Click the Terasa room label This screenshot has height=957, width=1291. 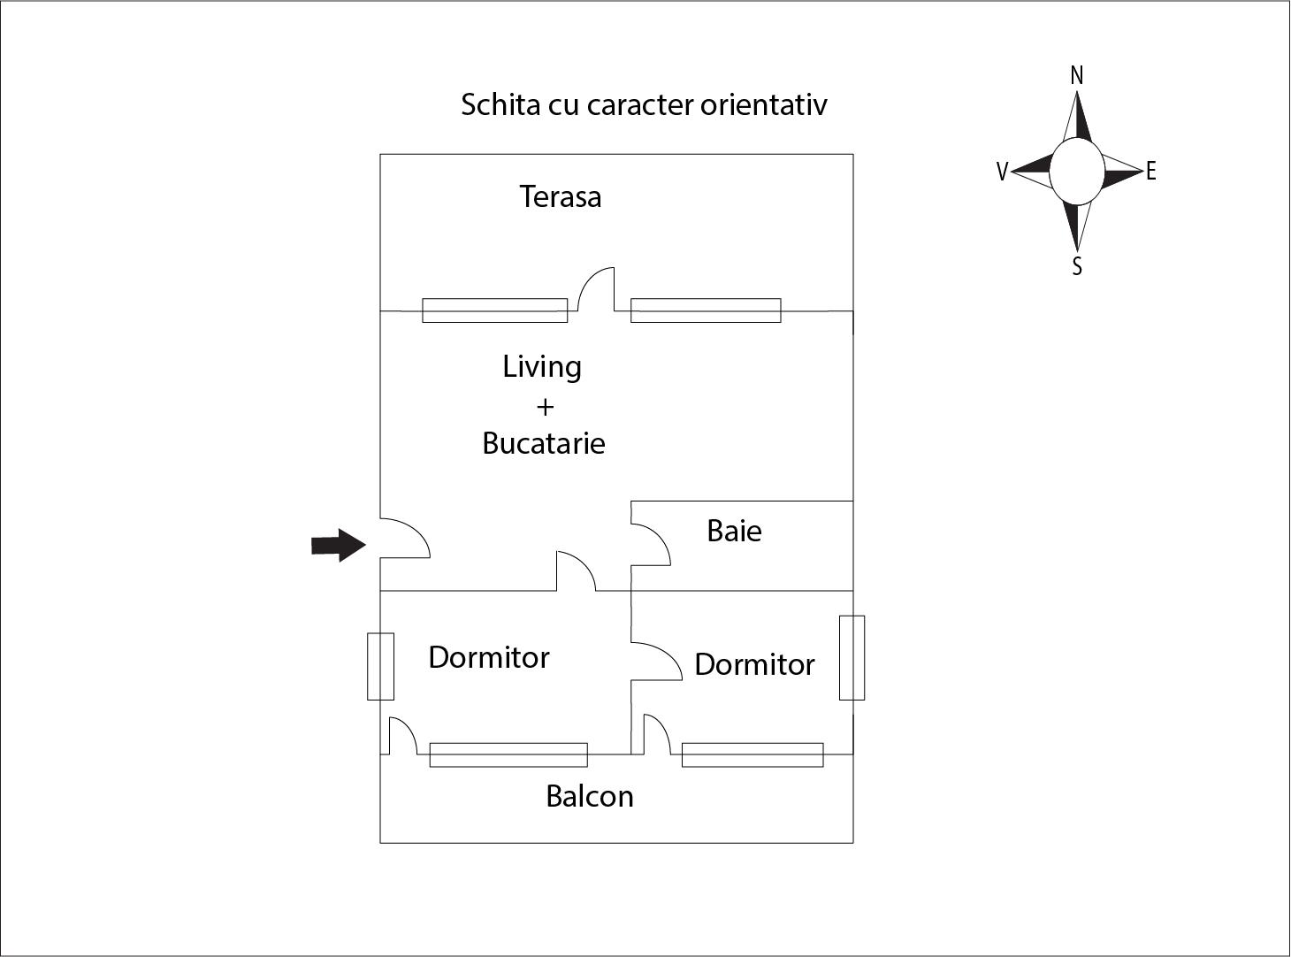point(560,196)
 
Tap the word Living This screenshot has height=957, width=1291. point(542,366)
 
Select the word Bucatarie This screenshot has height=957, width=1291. point(543,442)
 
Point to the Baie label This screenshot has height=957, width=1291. point(734,531)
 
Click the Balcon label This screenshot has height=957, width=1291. point(589,796)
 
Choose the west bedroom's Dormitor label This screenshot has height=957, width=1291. point(488,657)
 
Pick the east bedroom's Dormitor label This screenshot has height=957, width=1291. point(754,664)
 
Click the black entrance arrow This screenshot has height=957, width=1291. point(338,545)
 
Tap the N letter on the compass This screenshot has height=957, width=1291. point(1076,76)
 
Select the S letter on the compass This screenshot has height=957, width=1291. point(1076,266)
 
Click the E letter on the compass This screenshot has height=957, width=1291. point(1150,172)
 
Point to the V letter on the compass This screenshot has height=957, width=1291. point(1002,172)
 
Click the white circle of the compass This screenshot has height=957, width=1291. point(1076,171)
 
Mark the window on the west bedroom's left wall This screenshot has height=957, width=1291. point(380,666)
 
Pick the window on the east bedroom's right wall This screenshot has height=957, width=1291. point(852,657)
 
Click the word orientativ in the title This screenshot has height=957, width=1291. point(763,104)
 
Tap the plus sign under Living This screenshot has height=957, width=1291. point(545,407)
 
